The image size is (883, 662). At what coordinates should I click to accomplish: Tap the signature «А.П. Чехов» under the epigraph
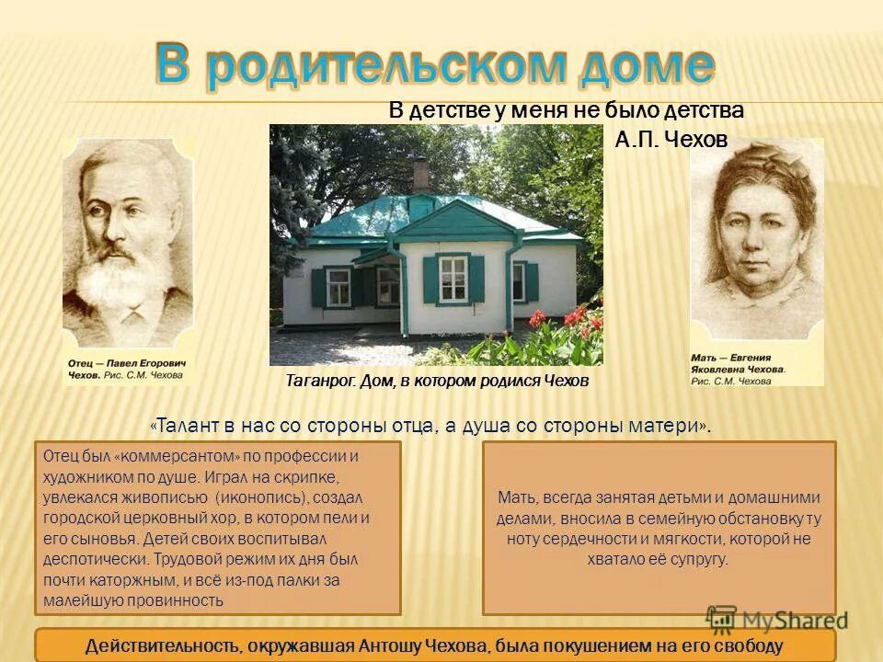click(x=671, y=139)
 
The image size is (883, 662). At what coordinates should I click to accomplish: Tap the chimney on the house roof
click(x=420, y=175)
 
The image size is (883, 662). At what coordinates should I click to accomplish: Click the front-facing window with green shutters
click(x=453, y=278)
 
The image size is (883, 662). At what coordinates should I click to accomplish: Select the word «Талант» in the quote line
click(x=188, y=427)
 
